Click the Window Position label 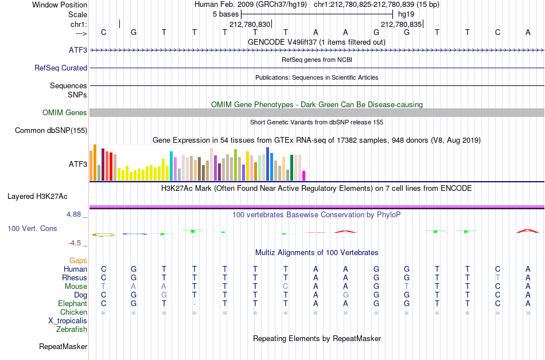pyautogui.click(x=60, y=5)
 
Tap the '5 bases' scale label pyautogui.click(x=225, y=14)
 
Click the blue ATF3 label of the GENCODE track pyautogui.click(x=78, y=50)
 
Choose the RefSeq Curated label pyautogui.click(x=61, y=68)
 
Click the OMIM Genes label pyautogui.click(x=65, y=112)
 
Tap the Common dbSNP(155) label pyautogui.click(x=51, y=131)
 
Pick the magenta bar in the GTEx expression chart pyautogui.click(x=303, y=175)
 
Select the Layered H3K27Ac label pyautogui.click(x=37, y=197)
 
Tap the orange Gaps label pyautogui.click(x=78, y=260)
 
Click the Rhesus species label pyautogui.click(x=75, y=277)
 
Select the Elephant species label pyautogui.click(x=73, y=303)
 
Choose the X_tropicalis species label pyautogui.click(x=68, y=321)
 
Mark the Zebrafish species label pyautogui.click(x=72, y=329)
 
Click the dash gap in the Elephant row pyautogui.click(x=194, y=304)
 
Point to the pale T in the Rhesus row pyautogui.click(x=498, y=277)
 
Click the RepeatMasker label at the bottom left pyautogui.click(x=63, y=346)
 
